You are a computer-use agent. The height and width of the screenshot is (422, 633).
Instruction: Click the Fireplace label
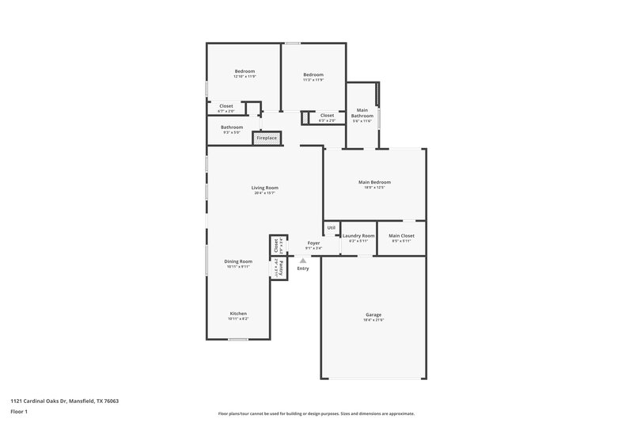coord(267,138)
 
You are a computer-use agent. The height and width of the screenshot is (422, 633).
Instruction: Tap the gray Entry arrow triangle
coord(302,259)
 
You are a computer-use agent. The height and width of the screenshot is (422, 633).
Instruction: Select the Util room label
coord(332,228)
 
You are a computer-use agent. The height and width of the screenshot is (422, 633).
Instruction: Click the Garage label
coord(374,314)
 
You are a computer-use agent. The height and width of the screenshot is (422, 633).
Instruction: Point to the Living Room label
coord(265,188)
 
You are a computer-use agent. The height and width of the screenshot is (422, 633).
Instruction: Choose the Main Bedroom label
coord(374,182)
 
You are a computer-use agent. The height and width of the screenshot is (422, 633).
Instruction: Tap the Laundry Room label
coord(358,236)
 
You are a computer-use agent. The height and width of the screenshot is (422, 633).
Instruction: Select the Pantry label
coord(280,267)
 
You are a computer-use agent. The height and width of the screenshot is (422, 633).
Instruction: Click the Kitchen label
coord(238,314)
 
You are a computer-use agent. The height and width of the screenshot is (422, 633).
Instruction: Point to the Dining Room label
coord(238,261)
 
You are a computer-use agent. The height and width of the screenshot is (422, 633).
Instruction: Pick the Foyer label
coord(313,243)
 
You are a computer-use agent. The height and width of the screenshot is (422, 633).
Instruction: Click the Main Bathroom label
coord(362,112)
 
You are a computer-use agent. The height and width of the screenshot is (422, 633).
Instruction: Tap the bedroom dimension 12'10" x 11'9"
coord(244,77)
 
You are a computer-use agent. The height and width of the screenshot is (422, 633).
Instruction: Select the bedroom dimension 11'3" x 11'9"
coord(313,80)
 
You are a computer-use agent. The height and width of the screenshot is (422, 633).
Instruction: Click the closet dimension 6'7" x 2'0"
coord(226,111)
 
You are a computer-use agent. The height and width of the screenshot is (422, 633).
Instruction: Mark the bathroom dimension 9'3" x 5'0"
coord(232,132)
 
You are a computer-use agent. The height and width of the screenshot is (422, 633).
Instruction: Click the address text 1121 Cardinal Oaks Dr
coord(43,401)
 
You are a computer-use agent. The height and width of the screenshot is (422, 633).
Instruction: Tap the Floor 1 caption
coord(19,412)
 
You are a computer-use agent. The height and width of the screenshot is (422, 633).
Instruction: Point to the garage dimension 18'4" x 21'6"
coord(374,320)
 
